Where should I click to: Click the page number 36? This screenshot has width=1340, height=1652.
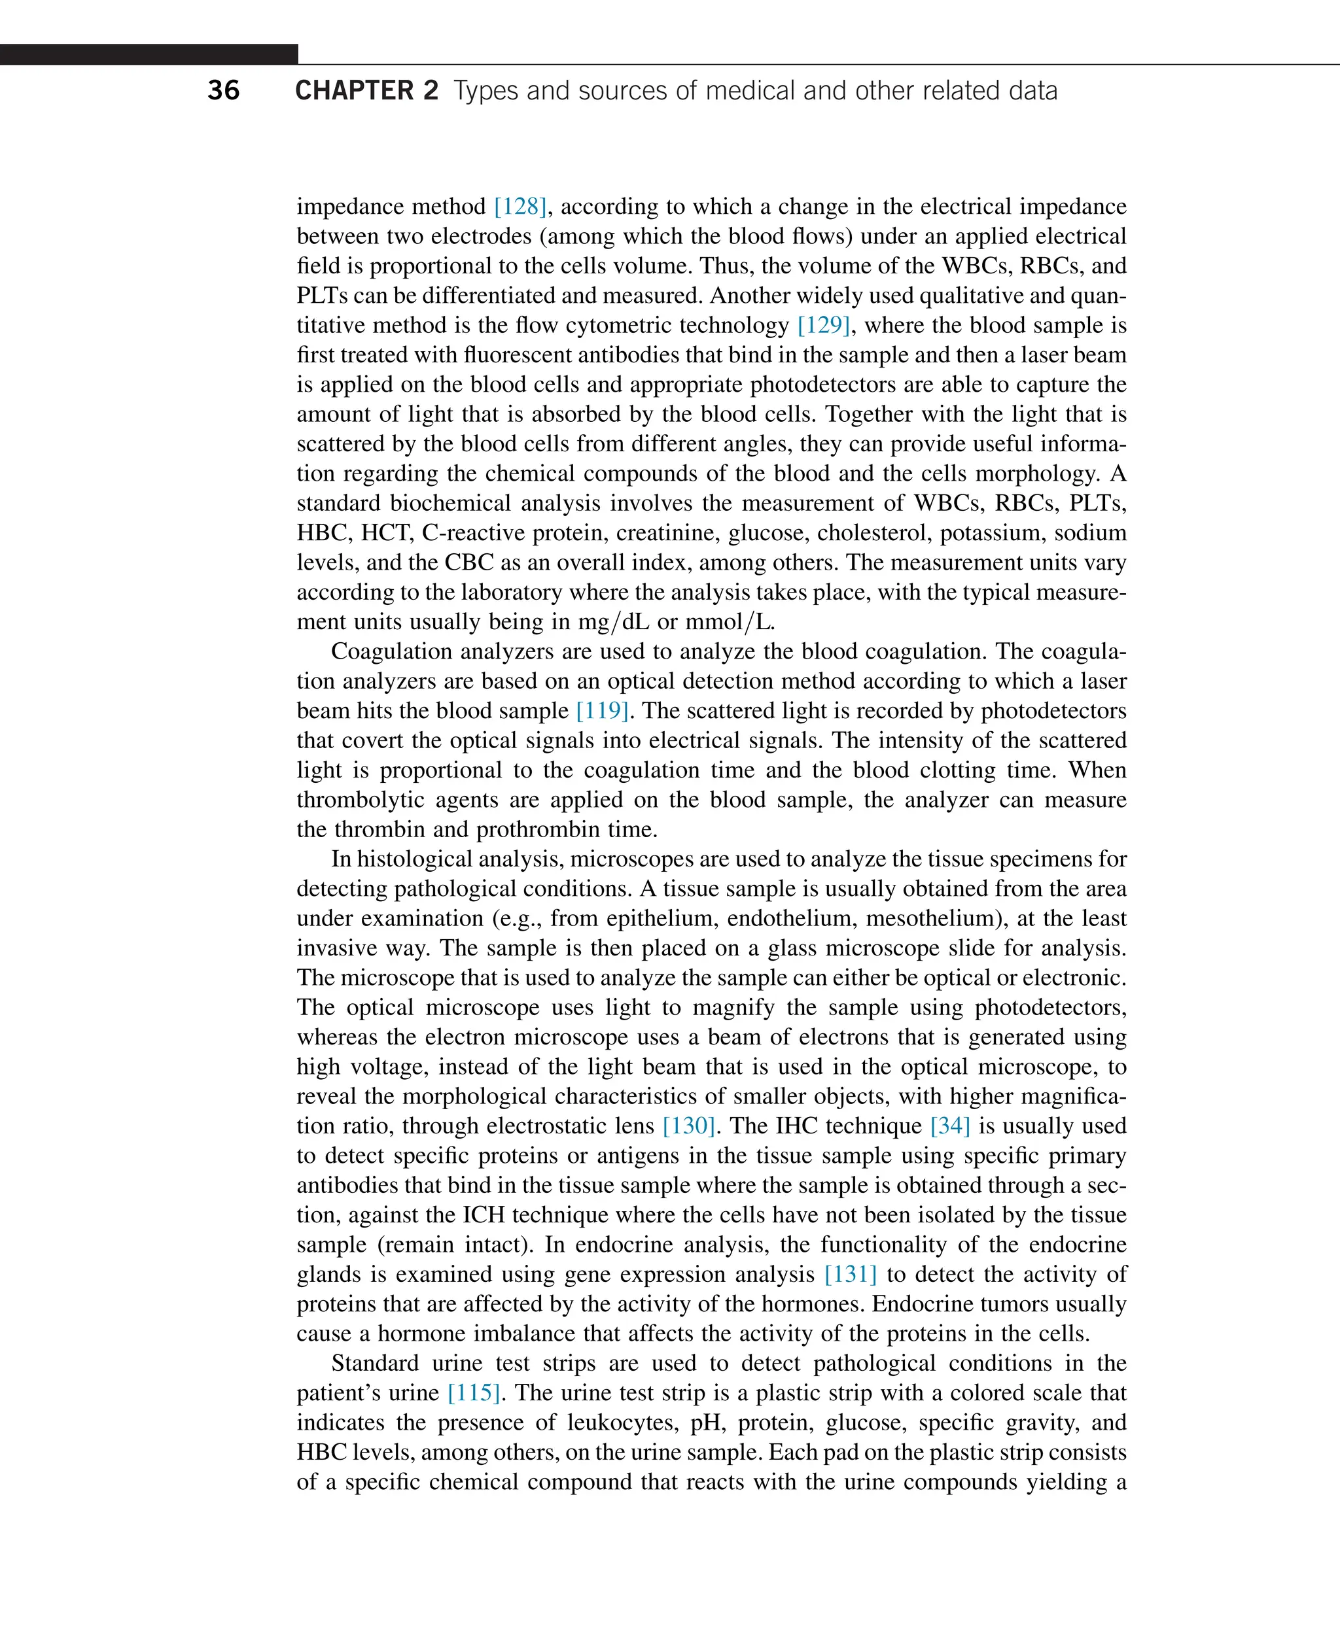[x=223, y=90]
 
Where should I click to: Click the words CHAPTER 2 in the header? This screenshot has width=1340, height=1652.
[x=366, y=90]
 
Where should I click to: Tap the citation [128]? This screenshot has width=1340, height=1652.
[x=520, y=206]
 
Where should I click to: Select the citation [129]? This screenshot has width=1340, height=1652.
[x=824, y=325]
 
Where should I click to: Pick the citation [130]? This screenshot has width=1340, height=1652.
[x=688, y=1125]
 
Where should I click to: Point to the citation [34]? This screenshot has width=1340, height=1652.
[x=949, y=1125]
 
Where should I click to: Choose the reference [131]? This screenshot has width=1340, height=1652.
[x=850, y=1273]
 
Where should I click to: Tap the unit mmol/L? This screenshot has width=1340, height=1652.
[x=729, y=621]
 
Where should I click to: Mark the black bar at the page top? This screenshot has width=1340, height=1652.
[x=149, y=54]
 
